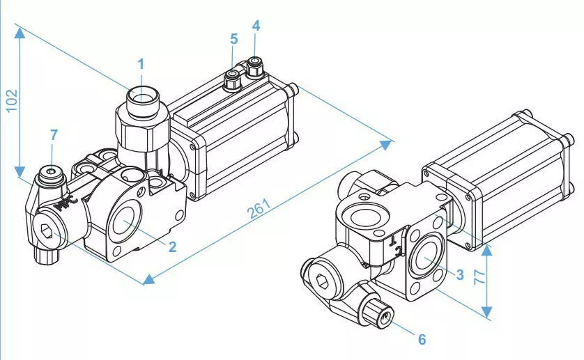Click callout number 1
click(141, 65)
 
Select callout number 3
click(459, 274)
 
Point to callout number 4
click(256, 26)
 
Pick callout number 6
click(422, 339)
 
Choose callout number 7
click(54, 134)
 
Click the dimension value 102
click(11, 100)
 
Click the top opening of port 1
click(142, 94)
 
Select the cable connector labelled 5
click(231, 78)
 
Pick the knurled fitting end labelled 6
click(384, 317)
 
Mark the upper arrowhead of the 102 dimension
click(21, 31)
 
